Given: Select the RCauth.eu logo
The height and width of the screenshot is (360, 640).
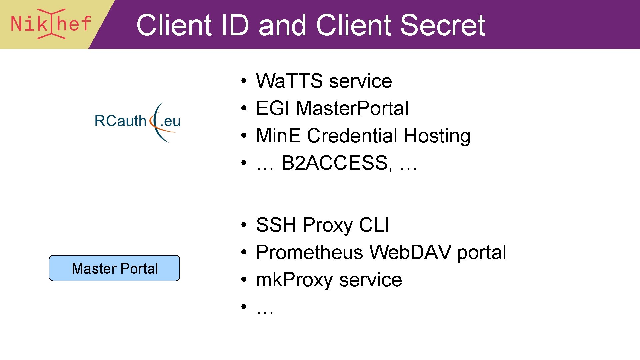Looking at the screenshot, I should click(137, 121).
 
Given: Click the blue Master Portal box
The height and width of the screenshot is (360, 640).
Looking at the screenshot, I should click(114, 268).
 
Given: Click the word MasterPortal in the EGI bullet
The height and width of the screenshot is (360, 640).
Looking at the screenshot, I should click(352, 108).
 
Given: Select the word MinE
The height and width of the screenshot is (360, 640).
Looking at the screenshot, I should click(278, 136).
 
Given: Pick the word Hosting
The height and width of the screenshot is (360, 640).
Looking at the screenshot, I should click(437, 136).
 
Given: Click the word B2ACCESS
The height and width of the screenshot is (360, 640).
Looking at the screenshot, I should click(335, 163).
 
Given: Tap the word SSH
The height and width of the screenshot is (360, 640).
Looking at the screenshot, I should click(276, 225).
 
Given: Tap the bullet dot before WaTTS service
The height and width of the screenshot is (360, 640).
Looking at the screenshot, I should click(244, 81).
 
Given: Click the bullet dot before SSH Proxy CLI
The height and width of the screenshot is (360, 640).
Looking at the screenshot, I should click(244, 225).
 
